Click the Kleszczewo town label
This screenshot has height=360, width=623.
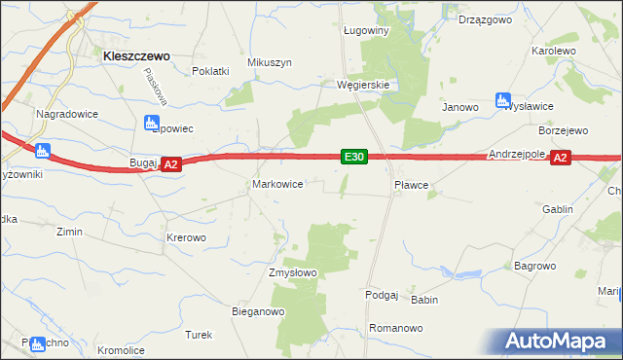[x=136, y=56]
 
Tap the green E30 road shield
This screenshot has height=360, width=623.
[x=354, y=156]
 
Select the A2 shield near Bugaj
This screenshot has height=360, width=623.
[x=170, y=165]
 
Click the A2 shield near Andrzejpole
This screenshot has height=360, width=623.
[x=559, y=158]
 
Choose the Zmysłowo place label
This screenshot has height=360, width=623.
[x=293, y=272]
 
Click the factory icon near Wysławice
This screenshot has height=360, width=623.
[x=503, y=99]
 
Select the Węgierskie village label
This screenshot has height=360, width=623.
[x=363, y=85]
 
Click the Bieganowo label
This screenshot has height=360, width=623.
[x=257, y=312]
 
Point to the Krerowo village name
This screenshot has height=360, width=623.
[x=186, y=237]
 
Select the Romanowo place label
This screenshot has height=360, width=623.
[x=397, y=329]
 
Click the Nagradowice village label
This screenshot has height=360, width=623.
[x=63, y=114]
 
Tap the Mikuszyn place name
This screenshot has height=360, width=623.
[x=270, y=62]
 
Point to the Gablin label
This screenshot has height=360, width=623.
[x=558, y=209]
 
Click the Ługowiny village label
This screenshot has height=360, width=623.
[x=366, y=30]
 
